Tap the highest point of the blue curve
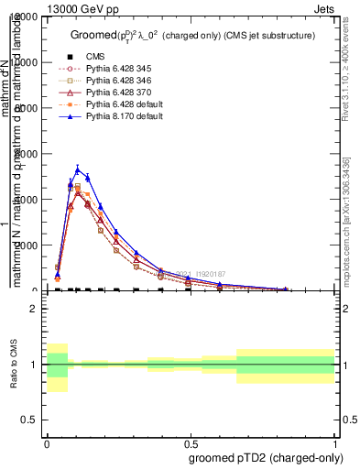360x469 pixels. coord(78,168)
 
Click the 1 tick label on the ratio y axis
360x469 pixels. coord(35,365)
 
